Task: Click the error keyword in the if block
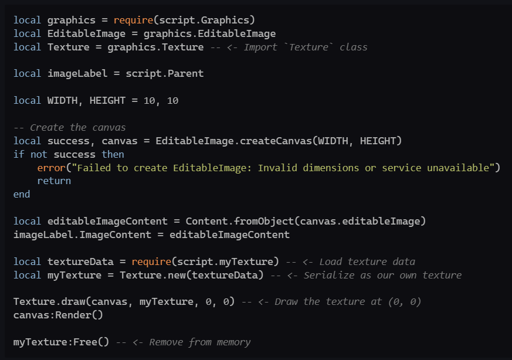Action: [49, 168]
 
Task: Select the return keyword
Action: [54, 181]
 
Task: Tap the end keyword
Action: [22, 194]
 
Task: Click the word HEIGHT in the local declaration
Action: [107, 101]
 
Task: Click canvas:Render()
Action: [58, 315]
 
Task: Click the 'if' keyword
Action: [19, 154]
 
